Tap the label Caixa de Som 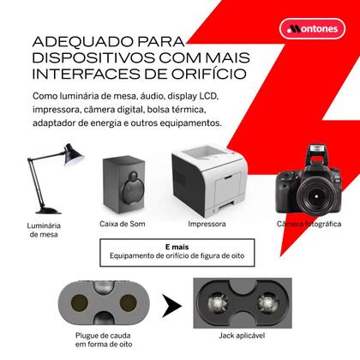click(125, 225)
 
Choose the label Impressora click(207, 225)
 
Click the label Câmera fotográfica click(303, 225)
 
